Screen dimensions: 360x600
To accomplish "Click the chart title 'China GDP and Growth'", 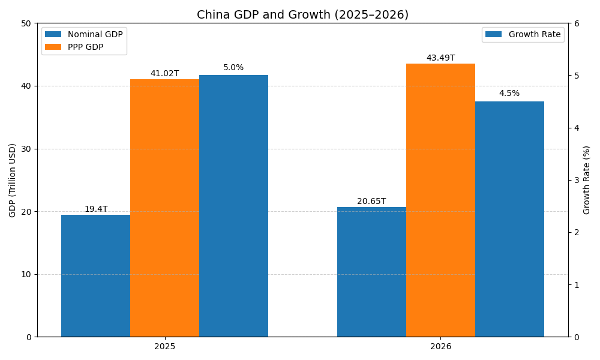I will point(302,15).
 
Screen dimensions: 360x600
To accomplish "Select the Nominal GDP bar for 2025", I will point(95,276).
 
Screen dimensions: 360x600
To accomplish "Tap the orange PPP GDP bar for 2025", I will point(164,208).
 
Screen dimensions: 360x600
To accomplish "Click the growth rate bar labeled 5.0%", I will point(233,206).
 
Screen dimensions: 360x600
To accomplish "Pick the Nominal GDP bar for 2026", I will point(371,272).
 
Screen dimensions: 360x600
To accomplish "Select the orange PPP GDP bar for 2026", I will point(440,200).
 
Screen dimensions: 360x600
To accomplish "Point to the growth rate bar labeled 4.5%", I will point(509,219).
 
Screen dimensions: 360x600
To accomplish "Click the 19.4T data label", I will point(96,209).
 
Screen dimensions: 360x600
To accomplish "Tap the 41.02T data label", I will point(164,74).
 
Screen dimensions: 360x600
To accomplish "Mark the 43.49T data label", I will point(440,58).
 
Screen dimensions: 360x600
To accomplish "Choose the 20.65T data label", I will point(371,202).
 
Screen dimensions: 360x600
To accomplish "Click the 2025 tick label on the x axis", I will point(164,347).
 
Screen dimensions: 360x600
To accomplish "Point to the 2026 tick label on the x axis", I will point(440,347).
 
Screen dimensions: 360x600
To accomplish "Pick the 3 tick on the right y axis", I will point(576,180).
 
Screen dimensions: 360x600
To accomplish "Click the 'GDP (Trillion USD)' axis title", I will point(13,180).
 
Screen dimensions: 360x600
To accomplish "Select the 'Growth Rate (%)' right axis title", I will point(587,180).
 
